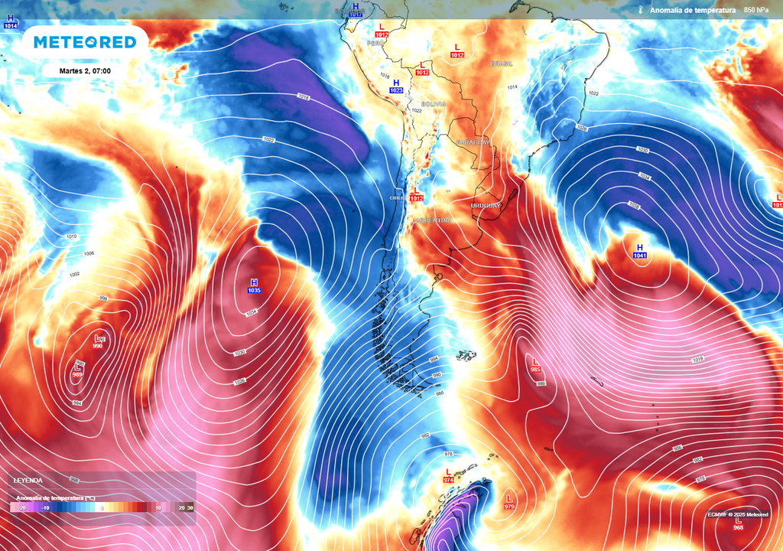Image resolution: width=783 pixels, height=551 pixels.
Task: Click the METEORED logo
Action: (85, 43)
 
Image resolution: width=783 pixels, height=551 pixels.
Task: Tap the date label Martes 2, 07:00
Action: (86, 71)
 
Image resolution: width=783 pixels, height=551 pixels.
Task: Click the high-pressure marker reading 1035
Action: (255, 286)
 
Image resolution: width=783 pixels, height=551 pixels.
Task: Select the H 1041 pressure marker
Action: (640, 251)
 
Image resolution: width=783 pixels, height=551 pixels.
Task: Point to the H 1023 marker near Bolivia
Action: (396, 86)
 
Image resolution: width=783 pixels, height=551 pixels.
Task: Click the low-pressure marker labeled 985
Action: (535, 365)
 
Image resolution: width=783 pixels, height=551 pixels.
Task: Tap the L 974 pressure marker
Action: (448, 475)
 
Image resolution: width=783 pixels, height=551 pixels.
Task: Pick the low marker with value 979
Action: (509, 502)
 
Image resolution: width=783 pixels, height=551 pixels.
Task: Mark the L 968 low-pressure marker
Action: (738, 523)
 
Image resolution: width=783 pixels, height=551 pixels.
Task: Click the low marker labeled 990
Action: (97, 342)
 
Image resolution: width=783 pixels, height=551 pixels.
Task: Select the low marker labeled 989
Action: (77, 371)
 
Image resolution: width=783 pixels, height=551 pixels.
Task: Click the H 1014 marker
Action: (10, 21)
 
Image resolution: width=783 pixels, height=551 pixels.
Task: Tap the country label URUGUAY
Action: (486, 205)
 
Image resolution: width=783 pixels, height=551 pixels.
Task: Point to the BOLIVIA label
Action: (433, 103)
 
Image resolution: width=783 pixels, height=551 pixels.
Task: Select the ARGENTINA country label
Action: (433, 220)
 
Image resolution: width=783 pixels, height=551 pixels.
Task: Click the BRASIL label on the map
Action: (502, 64)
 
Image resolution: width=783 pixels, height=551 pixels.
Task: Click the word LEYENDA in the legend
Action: (28, 481)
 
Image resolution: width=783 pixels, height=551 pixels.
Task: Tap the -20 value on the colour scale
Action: (22, 508)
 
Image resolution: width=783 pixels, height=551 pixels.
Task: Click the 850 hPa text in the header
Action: (756, 10)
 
